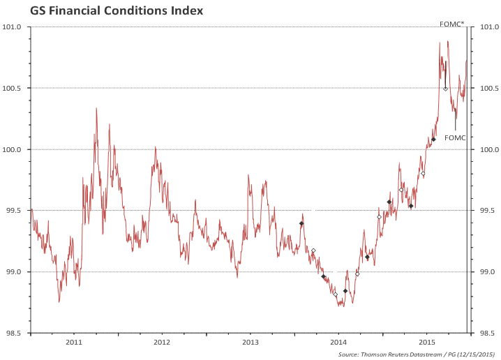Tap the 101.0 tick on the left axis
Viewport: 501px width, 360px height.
coord(15,27)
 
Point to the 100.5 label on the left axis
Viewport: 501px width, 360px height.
coord(15,89)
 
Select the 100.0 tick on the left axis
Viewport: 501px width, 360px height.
coord(15,149)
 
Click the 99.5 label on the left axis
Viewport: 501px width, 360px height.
coord(16,211)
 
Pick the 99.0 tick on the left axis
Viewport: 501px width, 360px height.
coord(16,272)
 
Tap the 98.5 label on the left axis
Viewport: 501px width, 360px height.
coord(16,333)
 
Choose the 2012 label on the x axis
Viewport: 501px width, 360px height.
coord(162,343)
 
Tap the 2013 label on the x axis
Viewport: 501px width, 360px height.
coord(250,343)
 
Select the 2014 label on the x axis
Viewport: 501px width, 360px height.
coord(338,343)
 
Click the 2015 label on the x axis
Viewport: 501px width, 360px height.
coord(427,343)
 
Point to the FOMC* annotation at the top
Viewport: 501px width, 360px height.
coord(451,24)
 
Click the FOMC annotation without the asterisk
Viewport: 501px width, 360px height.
coord(454,137)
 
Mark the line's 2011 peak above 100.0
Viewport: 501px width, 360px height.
coord(96,108)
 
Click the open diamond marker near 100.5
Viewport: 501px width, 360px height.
coord(445,89)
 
